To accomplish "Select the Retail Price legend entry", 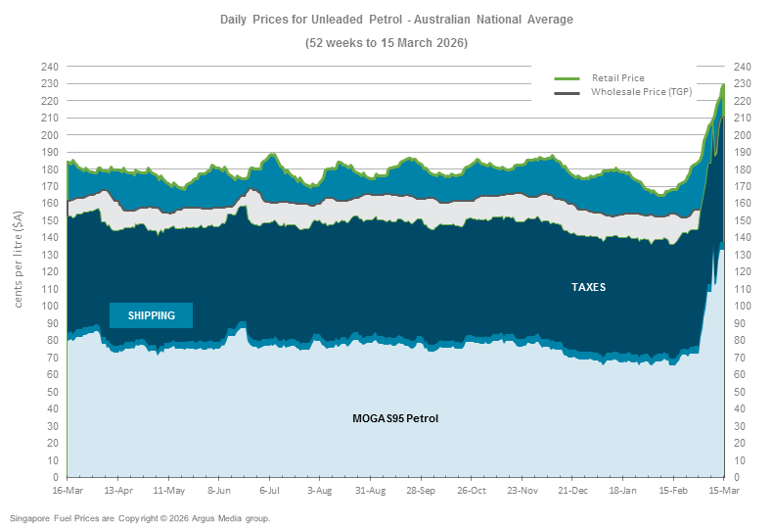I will (617, 77).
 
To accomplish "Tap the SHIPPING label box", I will (151, 315).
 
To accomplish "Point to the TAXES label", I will (588, 288).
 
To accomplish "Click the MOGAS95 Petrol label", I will (395, 418).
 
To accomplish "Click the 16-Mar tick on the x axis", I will (68, 490).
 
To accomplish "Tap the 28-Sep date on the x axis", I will (422, 490).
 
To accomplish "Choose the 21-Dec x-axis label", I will (572, 490).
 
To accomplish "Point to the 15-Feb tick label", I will (674, 490).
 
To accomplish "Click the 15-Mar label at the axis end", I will (723, 490).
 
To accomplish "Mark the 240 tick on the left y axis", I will (50, 67).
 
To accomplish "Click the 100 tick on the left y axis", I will (50, 307).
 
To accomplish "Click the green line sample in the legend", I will (568, 77).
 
